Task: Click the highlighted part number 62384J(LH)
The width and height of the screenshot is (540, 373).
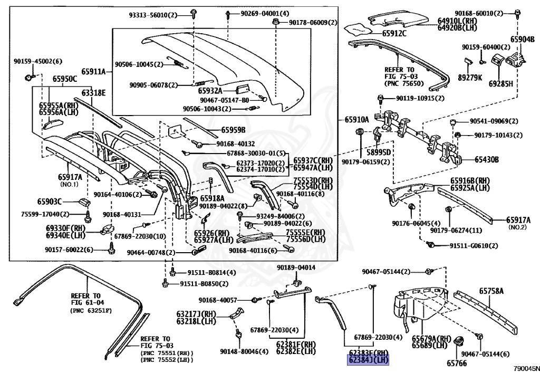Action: click(x=368, y=360)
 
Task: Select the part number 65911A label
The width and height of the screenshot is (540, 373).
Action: click(x=93, y=71)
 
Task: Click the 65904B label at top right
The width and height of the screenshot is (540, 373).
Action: click(x=523, y=39)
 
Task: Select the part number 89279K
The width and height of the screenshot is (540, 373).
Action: click(x=470, y=77)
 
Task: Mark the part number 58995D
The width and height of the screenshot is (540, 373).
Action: click(x=379, y=151)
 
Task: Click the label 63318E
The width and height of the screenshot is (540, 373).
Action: click(x=93, y=93)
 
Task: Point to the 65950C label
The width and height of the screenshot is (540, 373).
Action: click(x=64, y=79)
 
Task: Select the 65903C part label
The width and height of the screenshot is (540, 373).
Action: click(x=50, y=202)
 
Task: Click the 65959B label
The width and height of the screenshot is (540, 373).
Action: click(x=233, y=130)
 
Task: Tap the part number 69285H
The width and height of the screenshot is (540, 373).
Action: click(x=500, y=83)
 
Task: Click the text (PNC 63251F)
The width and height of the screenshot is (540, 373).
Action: click(x=91, y=311)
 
